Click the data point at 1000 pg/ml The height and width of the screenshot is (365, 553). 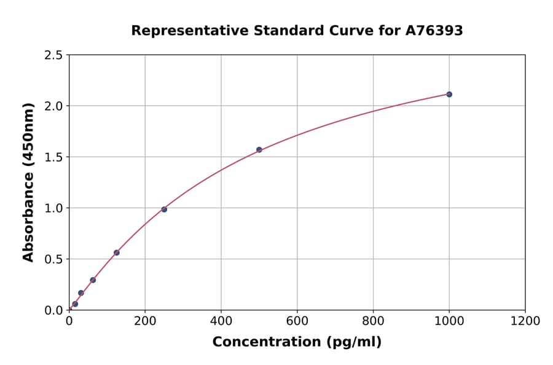(x=449, y=94)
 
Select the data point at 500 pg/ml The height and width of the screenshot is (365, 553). (x=259, y=149)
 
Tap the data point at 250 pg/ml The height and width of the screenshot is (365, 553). (x=164, y=210)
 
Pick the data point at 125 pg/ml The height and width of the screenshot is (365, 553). (x=117, y=253)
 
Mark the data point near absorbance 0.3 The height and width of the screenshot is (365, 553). (x=93, y=280)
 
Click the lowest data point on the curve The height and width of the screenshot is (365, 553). (x=75, y=304)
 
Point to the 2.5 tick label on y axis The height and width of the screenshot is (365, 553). (x=54, y=55)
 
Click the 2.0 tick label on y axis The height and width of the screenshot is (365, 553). (x=54, y=106)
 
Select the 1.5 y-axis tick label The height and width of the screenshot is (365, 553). (x=54, y=157)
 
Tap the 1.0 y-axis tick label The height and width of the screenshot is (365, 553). (x=54, y=208)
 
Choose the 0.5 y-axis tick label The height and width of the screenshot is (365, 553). (x=54, y=259)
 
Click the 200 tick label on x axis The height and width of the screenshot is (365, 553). (x=145, y=321)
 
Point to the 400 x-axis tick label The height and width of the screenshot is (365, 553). (x=221, y=321)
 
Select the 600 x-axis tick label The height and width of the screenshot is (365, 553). (x=297, y=321)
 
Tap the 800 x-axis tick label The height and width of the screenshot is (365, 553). (x=373, y=321)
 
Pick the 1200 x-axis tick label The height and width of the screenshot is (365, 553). (x=525, y=321)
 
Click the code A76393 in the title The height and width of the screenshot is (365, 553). (x=433, y=31)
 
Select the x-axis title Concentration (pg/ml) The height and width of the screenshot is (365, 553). (x=297, y=342)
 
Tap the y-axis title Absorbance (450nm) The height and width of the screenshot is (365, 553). (x=28, y=182)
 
